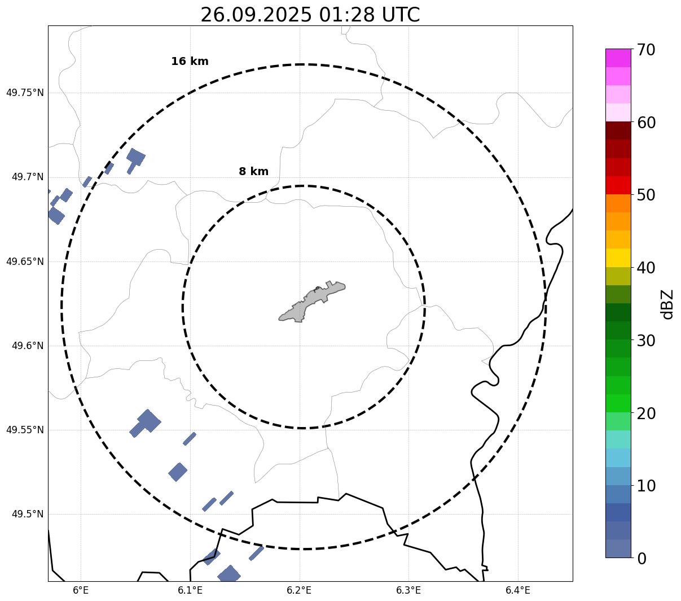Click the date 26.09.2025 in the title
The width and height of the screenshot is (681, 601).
(256, 15)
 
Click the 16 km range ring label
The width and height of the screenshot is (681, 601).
(190, 62)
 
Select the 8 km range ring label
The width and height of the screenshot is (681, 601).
(253, 172)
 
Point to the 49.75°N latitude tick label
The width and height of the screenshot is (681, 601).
(25, 93)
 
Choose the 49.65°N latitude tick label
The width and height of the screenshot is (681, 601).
(25, 262)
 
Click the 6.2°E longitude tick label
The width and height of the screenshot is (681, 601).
(299, 590)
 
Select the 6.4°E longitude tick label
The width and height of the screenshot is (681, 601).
(517, 590)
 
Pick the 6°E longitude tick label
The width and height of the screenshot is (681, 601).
(81, 590)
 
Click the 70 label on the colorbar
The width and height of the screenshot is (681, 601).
(647, 50)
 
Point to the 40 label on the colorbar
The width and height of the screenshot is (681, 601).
(647, 268)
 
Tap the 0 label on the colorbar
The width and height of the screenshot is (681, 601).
(642, 559)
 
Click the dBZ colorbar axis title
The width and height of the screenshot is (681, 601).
(668, 304)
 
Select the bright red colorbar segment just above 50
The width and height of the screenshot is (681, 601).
(618, 185)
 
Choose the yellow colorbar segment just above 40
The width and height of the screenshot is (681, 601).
(618, 258)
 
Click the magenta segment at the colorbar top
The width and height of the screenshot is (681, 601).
(618, 58)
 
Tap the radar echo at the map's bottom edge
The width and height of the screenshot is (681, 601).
(229, 574)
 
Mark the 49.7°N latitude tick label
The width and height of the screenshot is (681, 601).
(28, 177)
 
